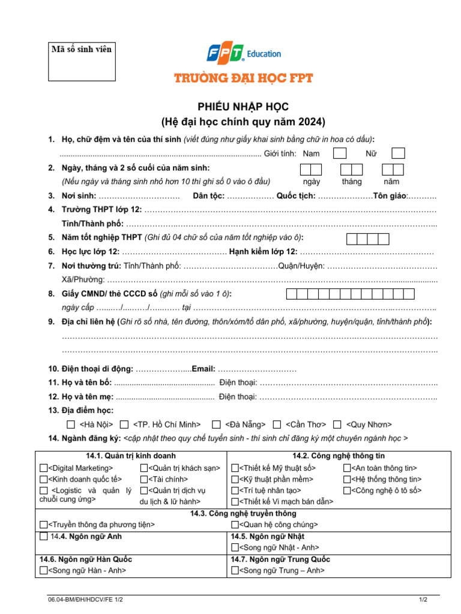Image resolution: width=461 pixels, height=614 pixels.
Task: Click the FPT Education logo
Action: pos(244,54)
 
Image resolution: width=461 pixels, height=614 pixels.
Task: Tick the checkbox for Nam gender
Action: pos(340,153)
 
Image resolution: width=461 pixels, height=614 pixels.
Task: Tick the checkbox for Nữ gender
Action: pos(398,153)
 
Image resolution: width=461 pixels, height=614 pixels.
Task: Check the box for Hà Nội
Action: pos(71,425)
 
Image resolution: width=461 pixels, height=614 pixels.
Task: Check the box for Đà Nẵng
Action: pos(216,425)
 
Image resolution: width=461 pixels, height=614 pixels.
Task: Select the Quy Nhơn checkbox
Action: pos(337,425)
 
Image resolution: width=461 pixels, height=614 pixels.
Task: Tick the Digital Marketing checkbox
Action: pos(43,468)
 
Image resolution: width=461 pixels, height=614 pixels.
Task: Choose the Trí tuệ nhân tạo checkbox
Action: pos(235,490)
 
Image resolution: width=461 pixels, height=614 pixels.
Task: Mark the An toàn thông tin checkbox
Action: pos(348,468)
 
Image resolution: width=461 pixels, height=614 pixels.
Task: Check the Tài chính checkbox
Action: pos(144,479)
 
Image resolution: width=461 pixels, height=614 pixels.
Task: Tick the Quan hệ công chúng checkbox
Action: pos(235,525)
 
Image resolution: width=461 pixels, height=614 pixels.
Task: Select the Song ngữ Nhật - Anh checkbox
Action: pos(235,547)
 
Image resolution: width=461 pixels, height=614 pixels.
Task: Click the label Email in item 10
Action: pos(203,369)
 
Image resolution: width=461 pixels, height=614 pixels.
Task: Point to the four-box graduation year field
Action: pos(368,239)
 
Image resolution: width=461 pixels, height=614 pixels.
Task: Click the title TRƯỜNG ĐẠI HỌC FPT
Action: pos(244,78)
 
